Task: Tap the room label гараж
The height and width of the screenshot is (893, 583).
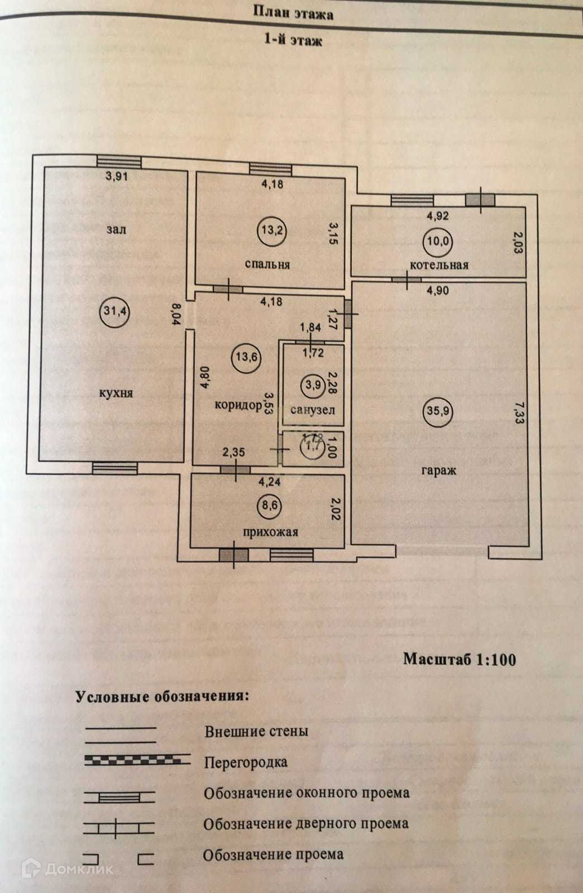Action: (x=439, y=470)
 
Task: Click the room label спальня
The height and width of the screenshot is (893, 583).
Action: (x=267, y=264)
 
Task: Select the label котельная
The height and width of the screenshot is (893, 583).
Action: (x=439, y=265)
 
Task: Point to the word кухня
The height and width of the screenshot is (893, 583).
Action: (x=116, y=393)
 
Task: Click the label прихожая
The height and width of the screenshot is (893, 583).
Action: (x=270, y=532)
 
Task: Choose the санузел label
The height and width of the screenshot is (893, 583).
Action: (x=313, y=410)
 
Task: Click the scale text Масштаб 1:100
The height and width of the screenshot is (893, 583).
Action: (x=460, y=659)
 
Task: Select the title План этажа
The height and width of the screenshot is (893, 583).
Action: (x=294, y=13)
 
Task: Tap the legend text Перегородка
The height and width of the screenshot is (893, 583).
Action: (x=246, y=762)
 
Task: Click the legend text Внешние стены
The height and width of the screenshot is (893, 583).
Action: (x=256, y=731)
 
